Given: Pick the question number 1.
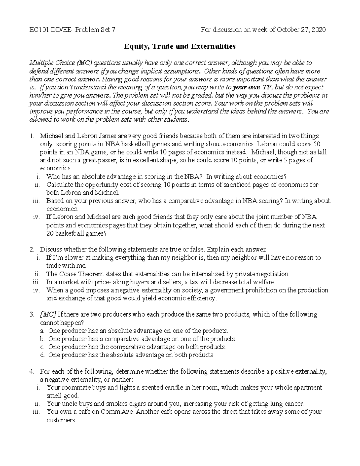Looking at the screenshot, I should (x=32, y=136).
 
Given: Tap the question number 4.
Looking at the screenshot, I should (x=32, y=371).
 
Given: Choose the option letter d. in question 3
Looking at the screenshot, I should (x=43, y=355).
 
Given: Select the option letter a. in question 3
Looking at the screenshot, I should (x=43, y=331).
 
